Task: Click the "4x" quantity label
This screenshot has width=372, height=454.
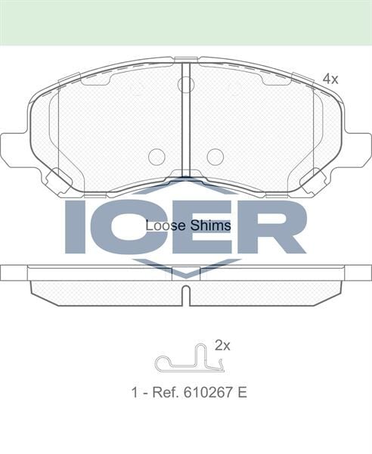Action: [x=330, y=78]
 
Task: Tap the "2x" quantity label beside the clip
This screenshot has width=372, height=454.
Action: [x=222, y=345]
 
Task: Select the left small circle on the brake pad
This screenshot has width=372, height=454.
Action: [x=157, y=157]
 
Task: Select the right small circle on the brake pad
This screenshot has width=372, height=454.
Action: [x=215, y=157]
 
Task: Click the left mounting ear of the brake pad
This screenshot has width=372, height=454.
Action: [x=14, y=149]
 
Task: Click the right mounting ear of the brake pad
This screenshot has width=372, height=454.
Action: [x=358, y=149]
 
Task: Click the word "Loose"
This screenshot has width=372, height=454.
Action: [x=160, y=225]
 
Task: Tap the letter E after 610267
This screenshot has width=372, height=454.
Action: [x=243, y=393]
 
